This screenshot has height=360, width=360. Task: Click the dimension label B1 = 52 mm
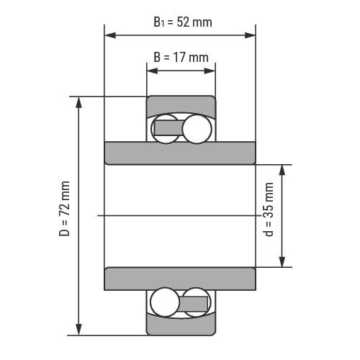tap(183, 22)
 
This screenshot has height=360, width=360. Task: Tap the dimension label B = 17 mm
tap(181, 58)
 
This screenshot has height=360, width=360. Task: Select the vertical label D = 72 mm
tap(64, 209)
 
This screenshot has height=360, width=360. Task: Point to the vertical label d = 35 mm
tap(269, 210)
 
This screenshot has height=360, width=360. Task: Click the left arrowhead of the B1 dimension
tap(110, 35)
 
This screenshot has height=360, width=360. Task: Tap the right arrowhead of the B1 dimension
tap(250, 35)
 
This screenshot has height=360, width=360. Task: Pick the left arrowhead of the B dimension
tap(152, 71)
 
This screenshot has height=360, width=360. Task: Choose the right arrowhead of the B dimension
tap(210, 71)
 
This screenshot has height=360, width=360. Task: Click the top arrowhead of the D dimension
tap(78, 102)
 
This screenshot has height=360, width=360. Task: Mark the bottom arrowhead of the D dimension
tap(78, 329)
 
